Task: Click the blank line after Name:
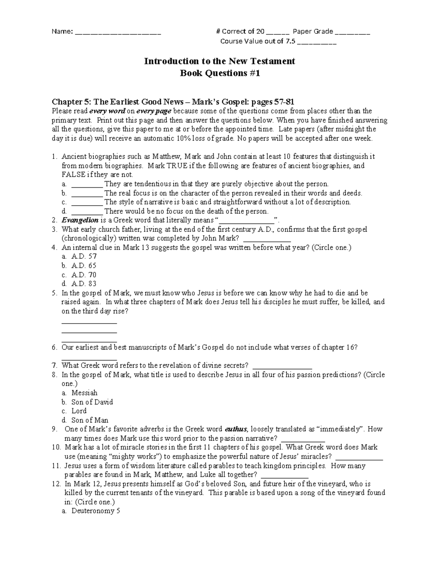click(x=118, y=32)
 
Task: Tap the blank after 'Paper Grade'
click(x=352, y=32)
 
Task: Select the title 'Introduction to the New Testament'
click(x=219, y=61)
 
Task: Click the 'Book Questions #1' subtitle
click(x=219, y=73)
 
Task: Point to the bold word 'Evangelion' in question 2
click(x=80, y=220)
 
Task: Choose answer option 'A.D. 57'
click(x=84, y=256)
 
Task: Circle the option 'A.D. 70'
click(x=84, y=275)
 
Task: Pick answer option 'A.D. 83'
click(x=84, y=284)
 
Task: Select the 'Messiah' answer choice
click(x=84, y=393)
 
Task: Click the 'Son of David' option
click(x=92, y=402)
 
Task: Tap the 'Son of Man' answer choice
click(x=90, y=420)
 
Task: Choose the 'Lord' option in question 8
click(x=79, y=411)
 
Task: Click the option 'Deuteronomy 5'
click(x=96, y=511)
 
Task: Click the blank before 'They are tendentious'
click(x=87, y=184)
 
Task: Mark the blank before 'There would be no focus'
click(x=87, y=212)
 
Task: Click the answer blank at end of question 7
click(x=282, y=366)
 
